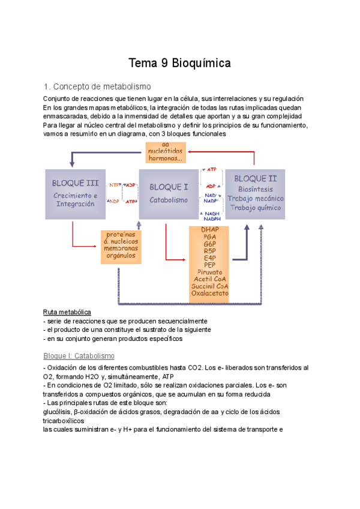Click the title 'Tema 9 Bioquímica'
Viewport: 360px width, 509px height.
click(180, 63)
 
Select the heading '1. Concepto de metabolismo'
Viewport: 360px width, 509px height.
click(98, 86)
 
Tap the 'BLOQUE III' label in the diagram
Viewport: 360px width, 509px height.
click(76, 182)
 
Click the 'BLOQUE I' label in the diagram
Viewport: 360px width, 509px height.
click(169, 187)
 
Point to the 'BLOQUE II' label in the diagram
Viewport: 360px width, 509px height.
click(255, 178)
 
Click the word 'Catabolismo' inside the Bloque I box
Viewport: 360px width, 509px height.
click(169, 200)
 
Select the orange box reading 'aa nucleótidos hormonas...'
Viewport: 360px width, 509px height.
click(165, 152)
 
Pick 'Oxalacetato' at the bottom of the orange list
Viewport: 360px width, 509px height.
click(209, 294)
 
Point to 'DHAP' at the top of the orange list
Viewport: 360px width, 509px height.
click(210, 230)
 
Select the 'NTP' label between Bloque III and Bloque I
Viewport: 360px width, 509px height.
click(114, 185)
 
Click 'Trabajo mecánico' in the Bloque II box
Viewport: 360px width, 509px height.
click(256, 198)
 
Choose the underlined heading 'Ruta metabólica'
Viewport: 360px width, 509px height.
click(67, 312)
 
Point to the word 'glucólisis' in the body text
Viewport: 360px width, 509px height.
click(59, 412)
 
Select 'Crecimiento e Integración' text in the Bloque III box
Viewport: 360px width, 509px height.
click(74, 199)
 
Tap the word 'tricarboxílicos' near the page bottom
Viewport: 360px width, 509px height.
click(63, 421)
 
